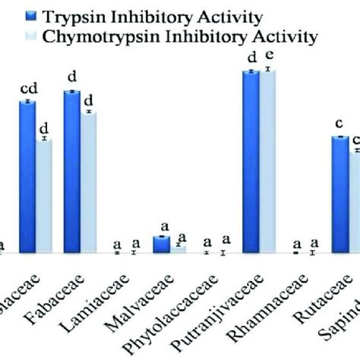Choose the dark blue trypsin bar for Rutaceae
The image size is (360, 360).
pos(339,194)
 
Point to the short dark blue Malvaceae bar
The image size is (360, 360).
pos(161,245)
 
